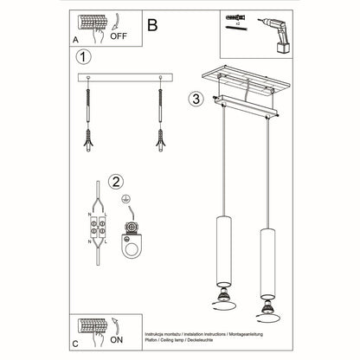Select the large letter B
152,25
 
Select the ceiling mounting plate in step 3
245,85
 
